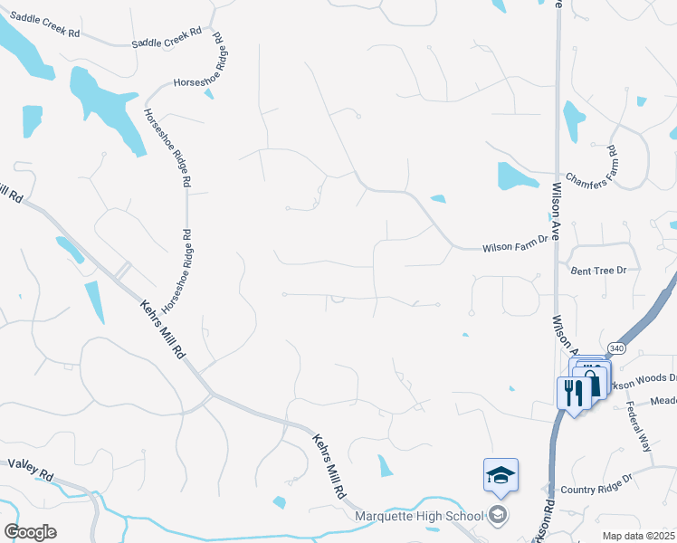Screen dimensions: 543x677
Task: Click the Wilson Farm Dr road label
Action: pyautogui.click(x=516, y=246)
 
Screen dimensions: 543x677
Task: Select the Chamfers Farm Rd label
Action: pyautogui.click(x=590, y=165)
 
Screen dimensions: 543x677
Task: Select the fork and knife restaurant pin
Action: pyautogui.click(x=572, y=392)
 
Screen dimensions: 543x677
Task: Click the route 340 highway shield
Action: pyautogui.click(x=615, y=348)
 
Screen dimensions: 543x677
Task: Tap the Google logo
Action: pyautogui.click(x=30, y=532)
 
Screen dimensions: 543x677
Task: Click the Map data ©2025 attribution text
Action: pyautogui.click(x=639, y=536)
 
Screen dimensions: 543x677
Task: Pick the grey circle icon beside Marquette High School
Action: pyautogui.click(x=497, y=516)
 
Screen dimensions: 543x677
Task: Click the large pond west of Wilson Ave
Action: pyautogui.click(x=516, y=177)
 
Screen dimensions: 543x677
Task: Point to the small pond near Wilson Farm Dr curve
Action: pyautogui.click(x=438, y=199)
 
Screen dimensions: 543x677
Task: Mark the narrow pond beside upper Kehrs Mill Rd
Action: pyautogui.click(x=95, y=300)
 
